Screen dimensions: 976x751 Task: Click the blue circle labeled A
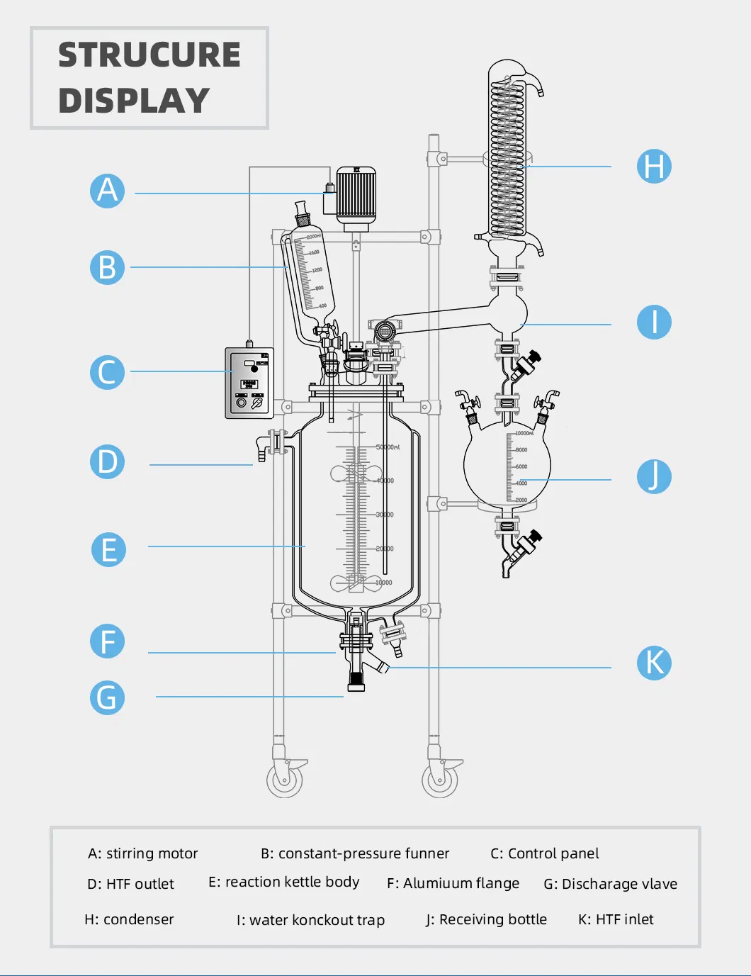pyautogui.click(x=108, y=191)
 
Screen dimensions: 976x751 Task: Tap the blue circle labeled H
pyautogui.click(x=653, y=167)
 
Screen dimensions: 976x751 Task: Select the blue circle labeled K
pyautogui.click(x=653, y=663)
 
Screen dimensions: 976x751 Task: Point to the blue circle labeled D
pyautogui.click(x=108, y=461)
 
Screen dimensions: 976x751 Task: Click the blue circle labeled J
pyautogui.click(x=653, y=476)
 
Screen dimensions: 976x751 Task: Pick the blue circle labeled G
pyautogui.click(x=108, y=697)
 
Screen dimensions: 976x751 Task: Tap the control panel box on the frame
pyautogui.click(x=249, y=383)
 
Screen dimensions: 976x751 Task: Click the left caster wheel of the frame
pyautogui.click(x=285, y=780)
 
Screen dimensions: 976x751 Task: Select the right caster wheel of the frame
pyautogui.click(x=441, y=780)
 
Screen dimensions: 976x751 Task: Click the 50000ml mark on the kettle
pyautogui.click(x=388, y=447)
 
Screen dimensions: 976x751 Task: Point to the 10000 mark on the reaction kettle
pyautogui.click(x=383, y=583)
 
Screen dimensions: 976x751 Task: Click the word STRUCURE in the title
pyautogui.click(x=149, y=55)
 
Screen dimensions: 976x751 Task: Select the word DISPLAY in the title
pyautogui.click(x=134, y=101)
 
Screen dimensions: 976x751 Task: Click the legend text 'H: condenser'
pyautogui.click(x=129, y=919)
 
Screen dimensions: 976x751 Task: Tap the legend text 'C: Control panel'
pyautogui.click(x=544, y=853)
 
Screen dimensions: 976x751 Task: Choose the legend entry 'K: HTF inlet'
pyautogui.click(x=616, y=919)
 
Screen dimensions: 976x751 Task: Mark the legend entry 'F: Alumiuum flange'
pyautogui.click(x=453, y=883)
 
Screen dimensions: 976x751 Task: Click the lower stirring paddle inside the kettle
pyautogui.click(x=356, y=583)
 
